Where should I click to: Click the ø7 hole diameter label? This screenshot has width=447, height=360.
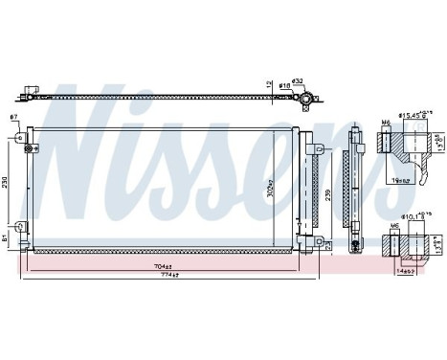[x=13, y=117]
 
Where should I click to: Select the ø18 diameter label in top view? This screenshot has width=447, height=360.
[x=284, y=86]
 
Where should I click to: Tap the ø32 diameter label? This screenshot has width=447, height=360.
[x=297, y=80]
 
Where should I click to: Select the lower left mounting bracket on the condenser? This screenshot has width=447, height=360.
[x=26, y=229]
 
